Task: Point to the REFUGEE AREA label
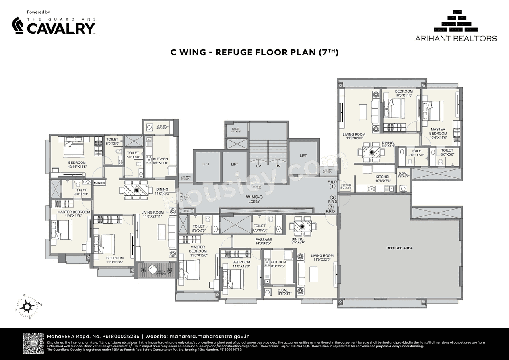(400, 248)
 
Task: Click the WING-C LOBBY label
(253, 199)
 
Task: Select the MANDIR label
(99, 183)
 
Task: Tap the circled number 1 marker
(333, 187)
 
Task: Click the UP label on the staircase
(258, 166)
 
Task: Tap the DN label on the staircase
(278, 166)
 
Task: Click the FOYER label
(346, 186)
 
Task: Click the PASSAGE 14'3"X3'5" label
(264, 241)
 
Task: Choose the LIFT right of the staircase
(303, 156)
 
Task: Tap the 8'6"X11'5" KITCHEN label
(161, 161)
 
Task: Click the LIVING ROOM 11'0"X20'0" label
(354, 136)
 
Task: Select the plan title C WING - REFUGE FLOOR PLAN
(254, 52)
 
